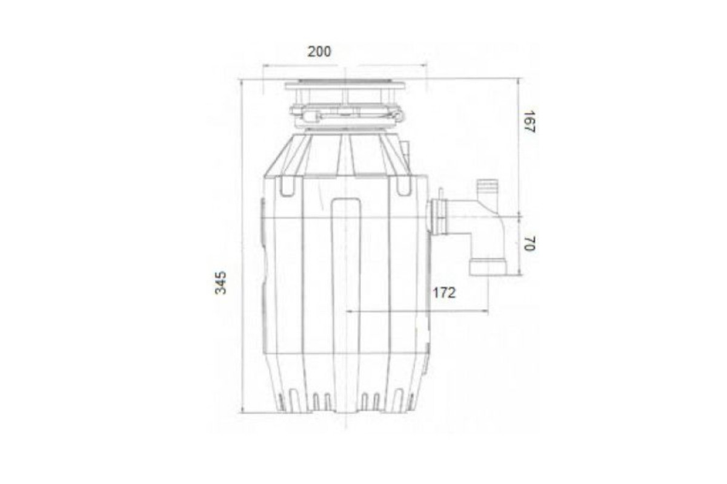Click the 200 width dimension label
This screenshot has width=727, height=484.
coord(319,52)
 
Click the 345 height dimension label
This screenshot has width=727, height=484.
coord(221,283)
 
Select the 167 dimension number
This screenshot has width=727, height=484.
coord(529,122)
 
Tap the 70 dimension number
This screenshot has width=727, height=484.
coord(529,243)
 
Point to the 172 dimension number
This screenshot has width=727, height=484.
coord(444,293)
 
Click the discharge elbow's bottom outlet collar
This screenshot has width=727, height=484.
coord(487,266)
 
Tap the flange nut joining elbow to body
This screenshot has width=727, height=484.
coord(439,217)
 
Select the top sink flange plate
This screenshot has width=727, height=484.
coord(345,85)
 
